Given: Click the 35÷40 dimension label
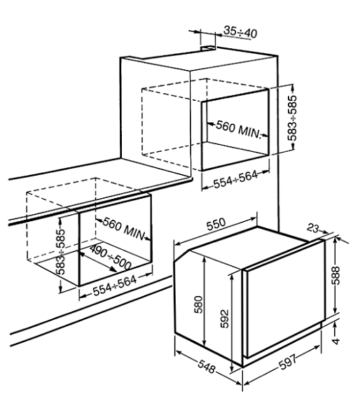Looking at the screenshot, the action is coord(240,32).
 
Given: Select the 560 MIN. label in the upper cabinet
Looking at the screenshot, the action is coord(238,129).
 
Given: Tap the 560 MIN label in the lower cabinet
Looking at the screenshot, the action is coord(124,229).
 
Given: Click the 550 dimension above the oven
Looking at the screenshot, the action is coord(216,225).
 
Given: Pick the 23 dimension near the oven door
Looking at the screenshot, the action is coord(313,228).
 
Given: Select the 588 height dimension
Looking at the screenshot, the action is coord(335,275).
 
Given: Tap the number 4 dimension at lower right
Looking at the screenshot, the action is coord(335,341).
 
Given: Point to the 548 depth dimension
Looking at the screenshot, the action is coord(207,367).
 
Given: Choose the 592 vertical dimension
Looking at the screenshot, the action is coord(225,318).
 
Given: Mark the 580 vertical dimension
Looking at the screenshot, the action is coord(198,304).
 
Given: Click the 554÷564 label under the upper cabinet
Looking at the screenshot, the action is coord(235,179).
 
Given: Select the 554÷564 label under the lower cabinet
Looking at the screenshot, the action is coord(115,286).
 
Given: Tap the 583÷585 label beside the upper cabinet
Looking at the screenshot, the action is coord(292,118).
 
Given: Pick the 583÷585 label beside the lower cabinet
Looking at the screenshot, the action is coord(60,251).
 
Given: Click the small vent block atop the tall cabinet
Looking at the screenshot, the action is coord(207,48).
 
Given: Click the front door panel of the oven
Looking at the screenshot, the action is coord(284,298).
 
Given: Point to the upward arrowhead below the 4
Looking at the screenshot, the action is coord(335,325).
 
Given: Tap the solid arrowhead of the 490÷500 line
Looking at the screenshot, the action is coord(113,269).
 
